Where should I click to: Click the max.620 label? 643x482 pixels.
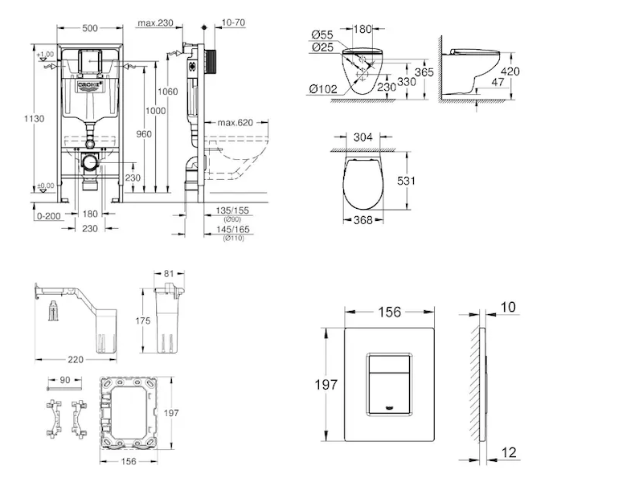[235, 122]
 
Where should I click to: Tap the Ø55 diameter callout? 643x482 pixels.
[321, 35]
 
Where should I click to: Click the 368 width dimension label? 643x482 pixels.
[364, 221]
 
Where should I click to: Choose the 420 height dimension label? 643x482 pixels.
[510, 71]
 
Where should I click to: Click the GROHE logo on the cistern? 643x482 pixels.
[90, 83]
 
